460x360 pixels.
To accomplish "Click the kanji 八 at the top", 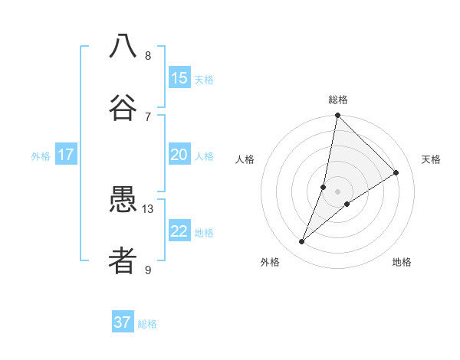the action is (x=123, y=47).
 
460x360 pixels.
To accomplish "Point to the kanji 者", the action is (x=123, y=261).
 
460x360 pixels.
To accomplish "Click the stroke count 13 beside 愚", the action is (x=148, y=208).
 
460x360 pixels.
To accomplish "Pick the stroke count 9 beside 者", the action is (x=148, y=270).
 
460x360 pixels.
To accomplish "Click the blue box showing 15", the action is (x=179, y=78).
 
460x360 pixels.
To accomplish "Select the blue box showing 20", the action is (x=179, y=155).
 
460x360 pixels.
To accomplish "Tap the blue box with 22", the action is (x=179, y=231).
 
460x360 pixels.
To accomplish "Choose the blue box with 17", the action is (x=66, y=155).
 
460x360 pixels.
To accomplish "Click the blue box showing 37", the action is (x=123, y=322).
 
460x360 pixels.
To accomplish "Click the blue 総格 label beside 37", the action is (x=147, y=324).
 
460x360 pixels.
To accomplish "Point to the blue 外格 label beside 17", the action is (x=41, y=156).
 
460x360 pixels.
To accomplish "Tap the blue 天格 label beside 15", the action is (x=204, y=80).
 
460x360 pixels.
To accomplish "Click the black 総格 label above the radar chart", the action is (x=337, y=100).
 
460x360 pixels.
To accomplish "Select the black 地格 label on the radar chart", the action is (x=402, y=262).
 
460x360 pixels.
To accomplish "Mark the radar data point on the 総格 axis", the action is (x=337, y=116).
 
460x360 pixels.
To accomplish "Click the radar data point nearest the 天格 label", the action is (x=396, y=173).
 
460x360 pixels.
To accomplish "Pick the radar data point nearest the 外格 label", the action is (x=301, y=242).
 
